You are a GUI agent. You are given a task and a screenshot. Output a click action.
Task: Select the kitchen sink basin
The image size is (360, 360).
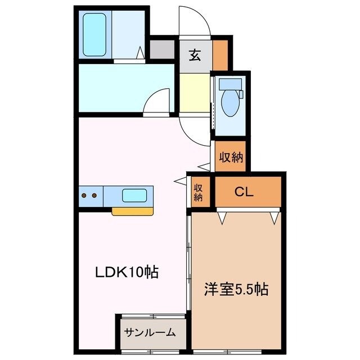pyautogui.click(x=135, y=196)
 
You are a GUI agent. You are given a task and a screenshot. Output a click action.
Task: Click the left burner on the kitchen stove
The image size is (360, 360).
pyautogui.click(x=85, y=196)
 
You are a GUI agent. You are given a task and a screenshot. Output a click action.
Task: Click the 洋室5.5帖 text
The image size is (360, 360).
pyautogui.click(x=235, y=290)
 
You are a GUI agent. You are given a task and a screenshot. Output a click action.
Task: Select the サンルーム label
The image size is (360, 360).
pyautogui.click(x=151, y=332)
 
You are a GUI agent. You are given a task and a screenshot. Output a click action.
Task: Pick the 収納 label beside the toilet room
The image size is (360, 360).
pyautogui.click(x=231, y=157)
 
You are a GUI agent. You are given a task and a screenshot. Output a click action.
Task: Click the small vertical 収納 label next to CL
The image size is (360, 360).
pyautogui.click(x=199, y=192)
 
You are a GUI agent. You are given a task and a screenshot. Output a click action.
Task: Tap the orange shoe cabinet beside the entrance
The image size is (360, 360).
pyautogui.click(x=220, y=55)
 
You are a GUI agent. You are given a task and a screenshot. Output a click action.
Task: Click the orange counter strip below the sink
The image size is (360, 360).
pyautogui.click(x=133, y=211)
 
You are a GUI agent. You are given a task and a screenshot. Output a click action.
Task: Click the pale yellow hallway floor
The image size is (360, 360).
pyautogui.click(x=194, y=93)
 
